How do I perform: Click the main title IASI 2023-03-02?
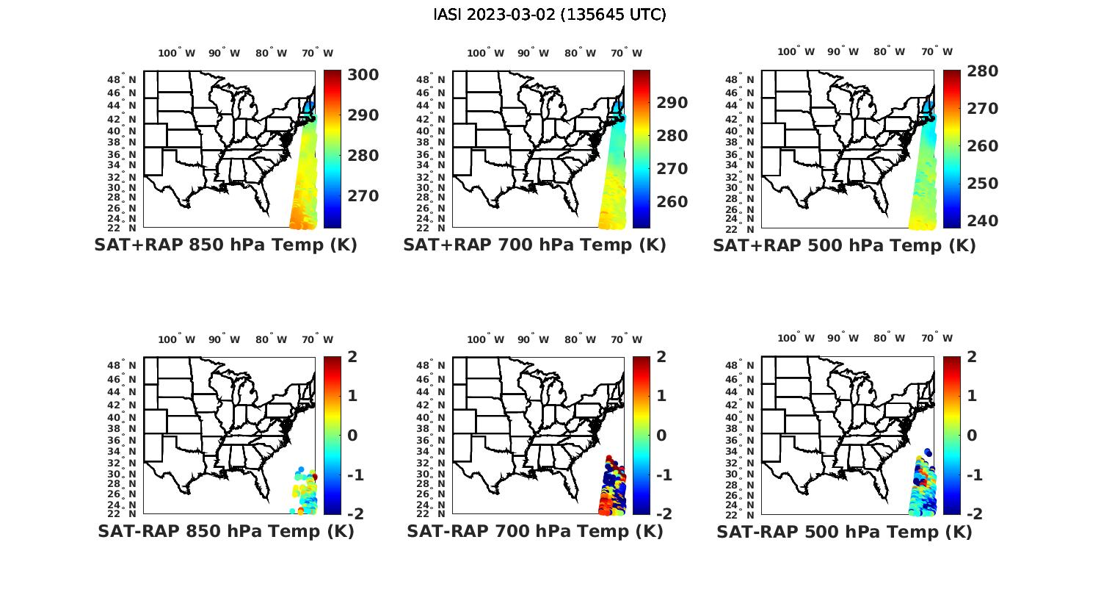tap(550, 15)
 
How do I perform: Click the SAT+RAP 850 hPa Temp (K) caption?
tap(225, 245)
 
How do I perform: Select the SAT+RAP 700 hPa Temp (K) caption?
tap(534, 245)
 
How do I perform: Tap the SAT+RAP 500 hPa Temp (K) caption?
tap(844, 246)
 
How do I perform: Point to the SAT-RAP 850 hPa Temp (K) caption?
tap(225, 531)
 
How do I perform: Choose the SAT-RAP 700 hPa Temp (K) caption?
tap(534, 531)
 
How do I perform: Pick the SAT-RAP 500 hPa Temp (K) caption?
tap(844, 532)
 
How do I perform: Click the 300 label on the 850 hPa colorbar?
tap(363, 76)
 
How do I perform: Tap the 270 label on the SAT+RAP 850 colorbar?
tap(363, 196)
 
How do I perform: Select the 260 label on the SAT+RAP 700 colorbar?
tap(672, 202)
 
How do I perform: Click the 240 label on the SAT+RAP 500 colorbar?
tap(983, 221)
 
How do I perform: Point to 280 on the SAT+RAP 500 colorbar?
tap(983, 71)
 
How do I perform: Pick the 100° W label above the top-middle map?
tap(485, 53)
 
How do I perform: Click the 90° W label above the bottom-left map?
tap(224, 339)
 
